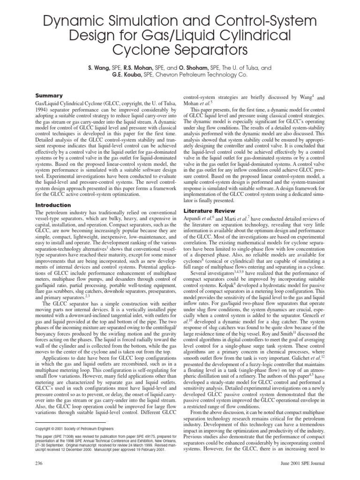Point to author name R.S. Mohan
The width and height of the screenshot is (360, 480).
tap(142, 68)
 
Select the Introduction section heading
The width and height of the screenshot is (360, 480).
tap(52, 205)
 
